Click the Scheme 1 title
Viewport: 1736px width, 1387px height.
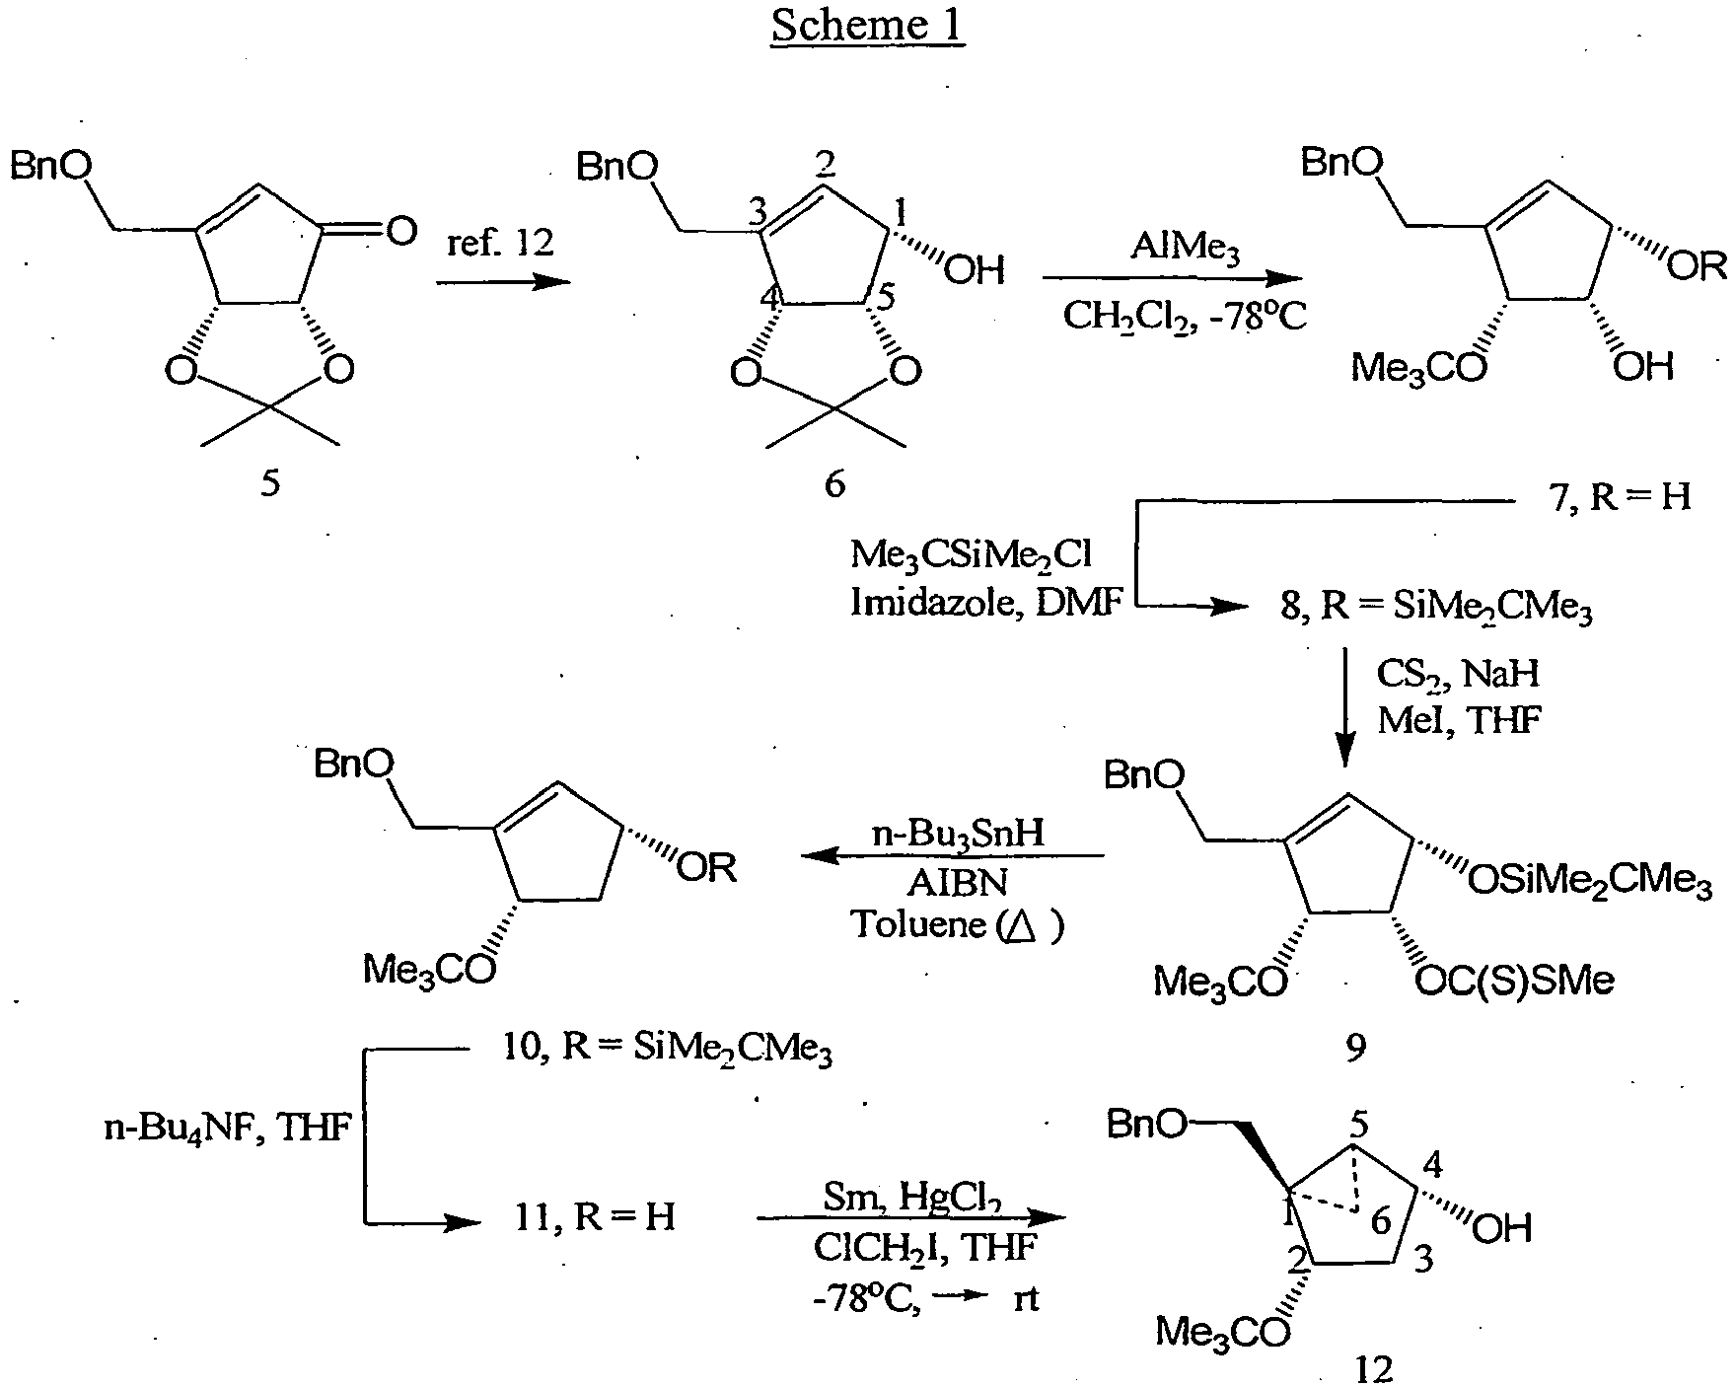868,24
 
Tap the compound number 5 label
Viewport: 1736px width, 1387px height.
270,484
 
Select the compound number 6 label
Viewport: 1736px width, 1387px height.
834,484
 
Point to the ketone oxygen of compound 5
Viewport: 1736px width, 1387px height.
399,233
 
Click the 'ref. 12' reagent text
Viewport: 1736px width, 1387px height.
502,241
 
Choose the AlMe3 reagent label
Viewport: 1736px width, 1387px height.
1186,246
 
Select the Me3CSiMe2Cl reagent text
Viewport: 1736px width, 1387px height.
972,555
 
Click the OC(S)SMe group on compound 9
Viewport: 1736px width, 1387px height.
1514,981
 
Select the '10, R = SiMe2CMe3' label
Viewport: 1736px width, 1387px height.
667,1052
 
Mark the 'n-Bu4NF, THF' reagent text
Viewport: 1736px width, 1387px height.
229,1128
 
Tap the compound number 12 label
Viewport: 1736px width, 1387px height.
1374,1369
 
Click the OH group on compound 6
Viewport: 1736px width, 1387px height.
975,267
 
